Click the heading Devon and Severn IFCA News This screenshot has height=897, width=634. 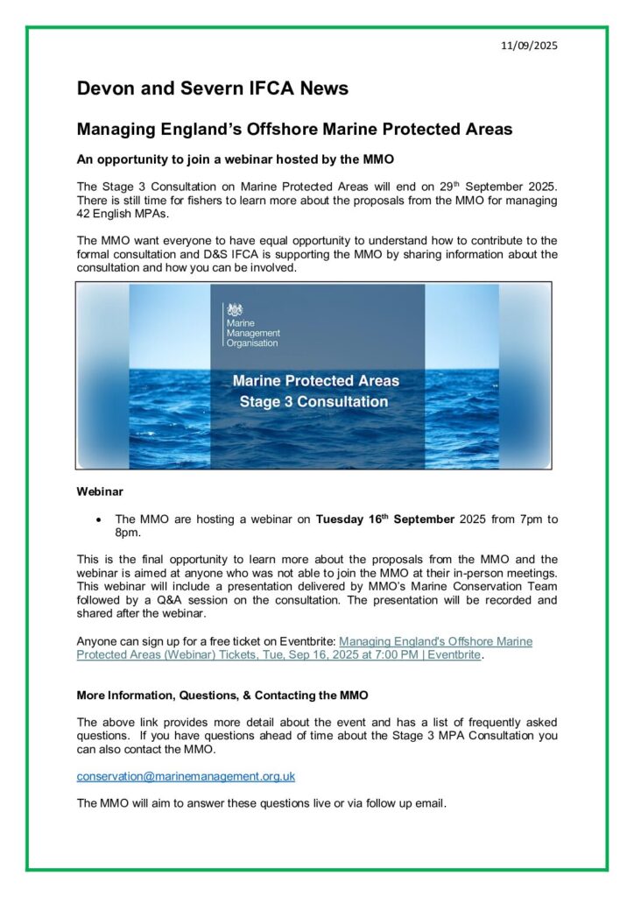tap(213, 88)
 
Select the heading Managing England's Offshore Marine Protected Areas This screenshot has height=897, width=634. tap(294, 130)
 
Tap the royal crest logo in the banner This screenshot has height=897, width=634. tap(235, 310)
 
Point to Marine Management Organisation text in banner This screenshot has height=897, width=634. tap(253, 334)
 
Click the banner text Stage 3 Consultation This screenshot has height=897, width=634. tap(314, 402)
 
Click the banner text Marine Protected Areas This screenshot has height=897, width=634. tap(315, 381)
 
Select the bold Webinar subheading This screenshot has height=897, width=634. tap(101, 491)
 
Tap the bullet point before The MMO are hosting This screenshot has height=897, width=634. tap(99, 519)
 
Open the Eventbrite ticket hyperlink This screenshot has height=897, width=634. tap(305, 648)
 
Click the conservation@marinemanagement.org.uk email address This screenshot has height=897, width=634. tap(186, 776)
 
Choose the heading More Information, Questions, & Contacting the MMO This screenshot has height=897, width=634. tap(222, 696)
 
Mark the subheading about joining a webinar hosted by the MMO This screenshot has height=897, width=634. tap(236, 159)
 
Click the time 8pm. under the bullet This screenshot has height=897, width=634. tap(128, 533)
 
